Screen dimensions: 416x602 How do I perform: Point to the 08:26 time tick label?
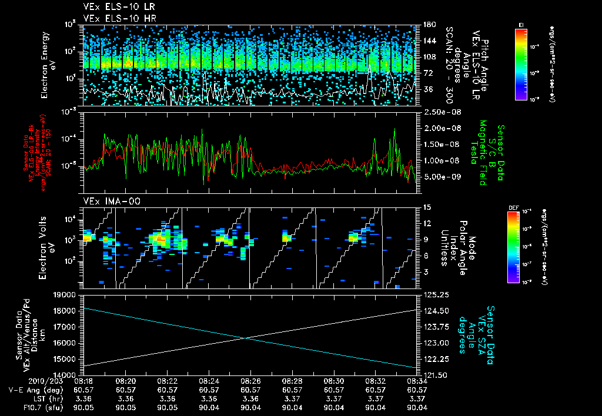[x=251, y=381]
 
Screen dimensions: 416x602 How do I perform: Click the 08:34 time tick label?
[x=417, y=381]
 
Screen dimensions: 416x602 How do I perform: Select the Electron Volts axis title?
[x=48, y=247]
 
